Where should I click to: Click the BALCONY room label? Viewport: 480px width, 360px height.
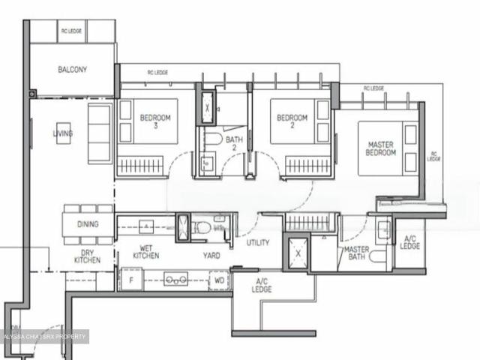(73, 70)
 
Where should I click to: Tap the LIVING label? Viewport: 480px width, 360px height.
(63, 134)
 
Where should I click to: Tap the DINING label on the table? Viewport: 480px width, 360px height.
(88, 224)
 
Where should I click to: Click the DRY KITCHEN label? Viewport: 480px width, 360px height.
(88, 256)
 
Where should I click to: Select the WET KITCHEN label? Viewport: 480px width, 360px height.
(146, 251)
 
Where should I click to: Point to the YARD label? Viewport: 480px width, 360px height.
(211, 255)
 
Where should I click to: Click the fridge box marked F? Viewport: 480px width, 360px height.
(131, 280)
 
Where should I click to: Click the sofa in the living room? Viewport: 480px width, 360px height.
(99, 134)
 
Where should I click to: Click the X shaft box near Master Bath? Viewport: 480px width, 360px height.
(298, 253)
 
